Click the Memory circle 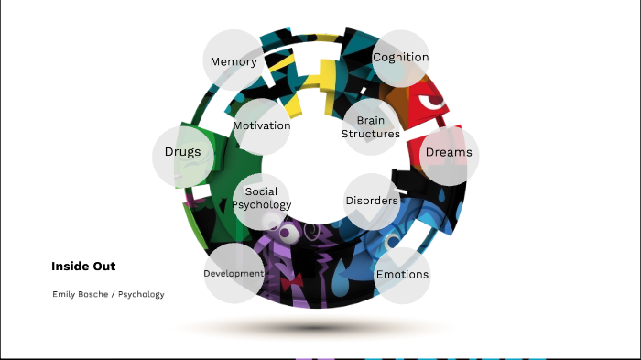tap(233, 61)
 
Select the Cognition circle tap(401, 58)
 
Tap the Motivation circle tap(262, 125)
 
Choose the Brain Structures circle tap(371, 127)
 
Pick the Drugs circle tap(182, 152)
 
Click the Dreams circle tap(449, 152)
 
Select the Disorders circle tap(372, 201)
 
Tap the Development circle tap(234, 273)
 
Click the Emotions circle tap(402, 274)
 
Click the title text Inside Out tap(83, 267)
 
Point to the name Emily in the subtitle tap(66, 295)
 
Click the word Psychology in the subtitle tap(141, 295)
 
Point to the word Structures tap(371, 134)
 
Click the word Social tap(262, 192)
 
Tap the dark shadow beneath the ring tap(316, 326)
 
